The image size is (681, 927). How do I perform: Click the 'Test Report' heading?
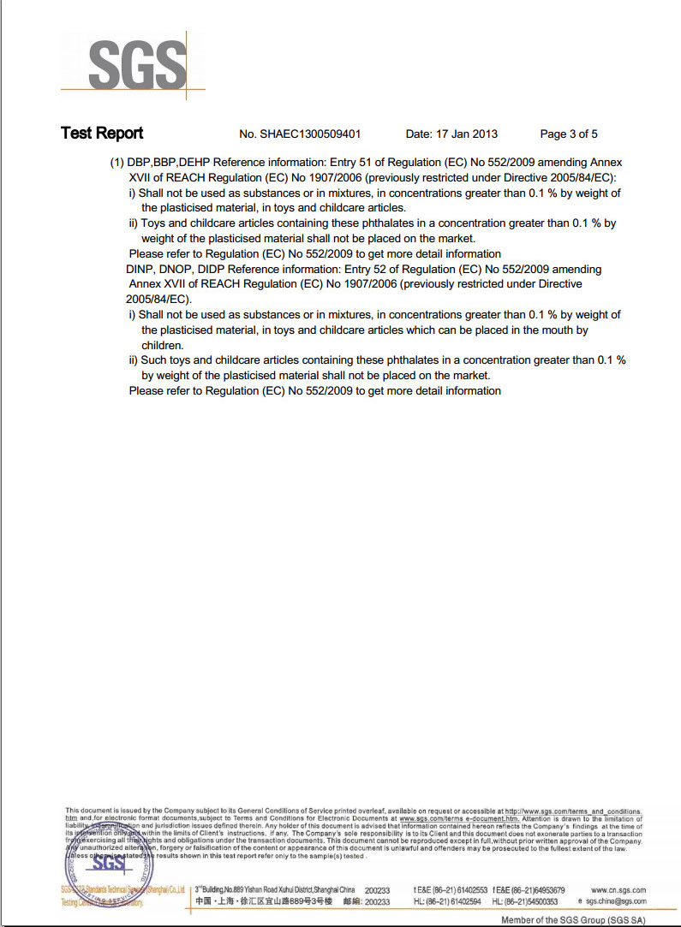102,134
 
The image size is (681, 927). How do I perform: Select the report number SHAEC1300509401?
312,134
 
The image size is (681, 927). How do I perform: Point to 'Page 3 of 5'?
569,134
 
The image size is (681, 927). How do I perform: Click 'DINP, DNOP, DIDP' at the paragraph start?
170,269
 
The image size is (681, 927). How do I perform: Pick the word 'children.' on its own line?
164,345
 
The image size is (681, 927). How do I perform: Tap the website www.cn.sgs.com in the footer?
618,890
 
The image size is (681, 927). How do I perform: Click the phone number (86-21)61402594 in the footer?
452,901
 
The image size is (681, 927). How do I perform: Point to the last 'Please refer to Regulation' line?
314,391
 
